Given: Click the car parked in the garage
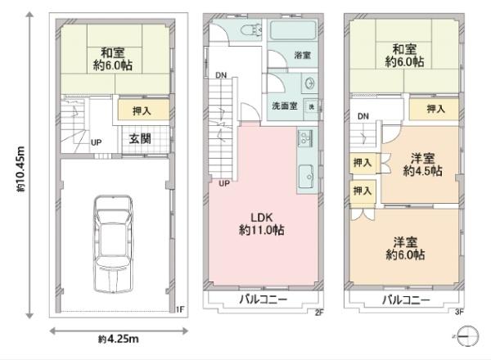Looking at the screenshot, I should point(114,243).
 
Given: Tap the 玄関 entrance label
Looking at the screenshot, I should point(140,139).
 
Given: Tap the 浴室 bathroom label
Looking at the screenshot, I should point(303,55).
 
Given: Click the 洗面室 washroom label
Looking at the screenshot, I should point(286,107).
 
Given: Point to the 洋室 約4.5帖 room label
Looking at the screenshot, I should point(422,165).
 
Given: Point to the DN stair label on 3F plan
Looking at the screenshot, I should point(363,116).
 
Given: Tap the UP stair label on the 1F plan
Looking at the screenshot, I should point(97,142).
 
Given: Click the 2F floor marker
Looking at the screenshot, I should point(318,311).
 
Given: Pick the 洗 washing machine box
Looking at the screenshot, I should point(311,108).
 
